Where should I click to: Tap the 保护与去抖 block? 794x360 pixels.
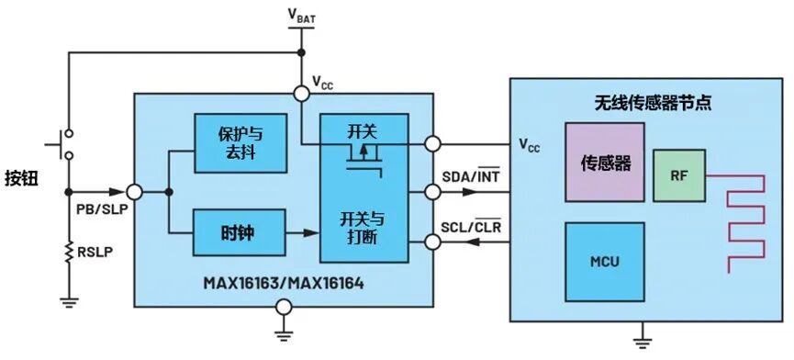point(240,142)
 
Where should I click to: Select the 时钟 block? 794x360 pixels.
point(239,233)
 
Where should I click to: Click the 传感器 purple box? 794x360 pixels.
point(605,162)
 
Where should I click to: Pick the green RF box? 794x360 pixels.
point(679,175)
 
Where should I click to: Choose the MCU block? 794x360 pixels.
point(605,262)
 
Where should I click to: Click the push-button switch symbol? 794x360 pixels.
point(61,144)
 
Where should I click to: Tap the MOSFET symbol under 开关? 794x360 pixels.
point(363,160)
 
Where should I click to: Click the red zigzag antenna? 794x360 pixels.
point(735,224)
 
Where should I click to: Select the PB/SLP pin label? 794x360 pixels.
point(102,208)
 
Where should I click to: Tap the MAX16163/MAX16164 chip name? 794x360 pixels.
point(284,283)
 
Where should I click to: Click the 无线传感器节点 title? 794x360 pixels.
point(654,103)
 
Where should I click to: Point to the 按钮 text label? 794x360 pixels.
point(21,178)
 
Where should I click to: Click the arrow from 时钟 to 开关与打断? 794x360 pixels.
point(302,233)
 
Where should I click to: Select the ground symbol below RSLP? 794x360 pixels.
point(69,302)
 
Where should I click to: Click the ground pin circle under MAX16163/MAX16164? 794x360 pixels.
point(284,307)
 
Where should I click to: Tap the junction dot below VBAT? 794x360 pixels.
point(301,52)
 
